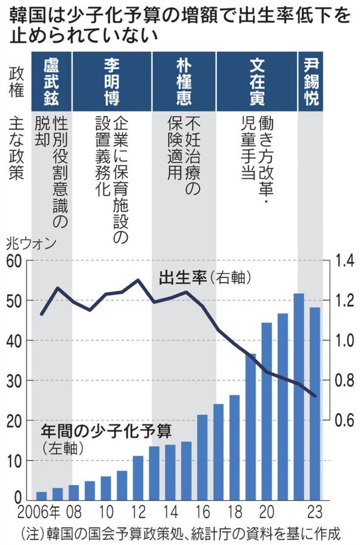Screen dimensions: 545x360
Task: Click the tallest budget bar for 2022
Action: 299,396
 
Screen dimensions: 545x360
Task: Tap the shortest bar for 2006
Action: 42,496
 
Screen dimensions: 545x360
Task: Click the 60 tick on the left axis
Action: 15,261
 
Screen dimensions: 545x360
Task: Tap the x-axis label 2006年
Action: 33,510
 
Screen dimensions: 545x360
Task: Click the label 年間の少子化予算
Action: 107,433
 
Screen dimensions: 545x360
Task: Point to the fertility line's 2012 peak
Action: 138,280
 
